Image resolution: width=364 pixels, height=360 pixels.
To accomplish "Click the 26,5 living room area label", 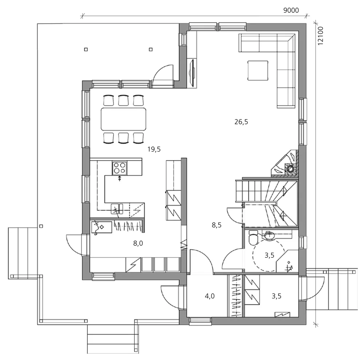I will [241, 122].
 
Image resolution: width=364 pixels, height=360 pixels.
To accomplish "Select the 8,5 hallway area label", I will [217, 225].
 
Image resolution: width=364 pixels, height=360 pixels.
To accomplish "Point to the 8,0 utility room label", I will [138, 244].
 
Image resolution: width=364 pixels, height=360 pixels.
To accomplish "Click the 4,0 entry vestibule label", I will [209, 296].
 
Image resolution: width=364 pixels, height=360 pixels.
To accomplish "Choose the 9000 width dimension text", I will [291, 10].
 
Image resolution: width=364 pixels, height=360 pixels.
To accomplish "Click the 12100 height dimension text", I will [320, 35].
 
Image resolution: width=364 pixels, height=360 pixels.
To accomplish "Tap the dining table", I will [123, 119].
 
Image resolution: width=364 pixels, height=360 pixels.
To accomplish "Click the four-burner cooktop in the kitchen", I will [120, 168].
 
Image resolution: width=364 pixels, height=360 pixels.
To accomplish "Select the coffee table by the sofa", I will [258, 70].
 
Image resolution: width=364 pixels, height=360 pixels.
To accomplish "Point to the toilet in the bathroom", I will [252, 238].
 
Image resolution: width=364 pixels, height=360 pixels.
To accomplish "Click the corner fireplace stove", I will [288, 164].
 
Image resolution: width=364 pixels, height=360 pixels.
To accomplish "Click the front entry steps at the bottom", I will [113, 339].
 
